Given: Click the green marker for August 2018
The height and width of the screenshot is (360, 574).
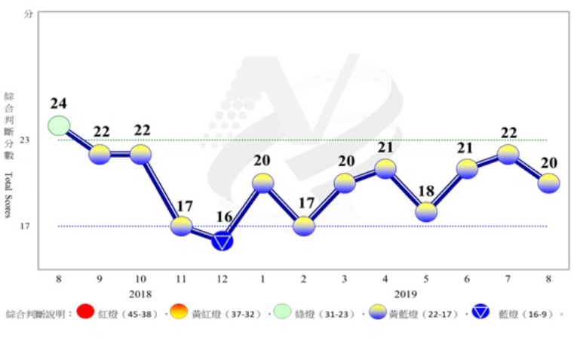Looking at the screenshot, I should click(59, 125).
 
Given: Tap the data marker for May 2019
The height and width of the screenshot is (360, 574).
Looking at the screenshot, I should click(426, 212).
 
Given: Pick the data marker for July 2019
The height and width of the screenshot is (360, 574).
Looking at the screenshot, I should click(508, 154).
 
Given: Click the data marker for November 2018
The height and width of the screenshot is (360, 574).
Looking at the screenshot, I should click(182, 226).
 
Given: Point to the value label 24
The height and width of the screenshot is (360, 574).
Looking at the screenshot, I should click(60, 103).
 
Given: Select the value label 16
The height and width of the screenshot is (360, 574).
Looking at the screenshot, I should click(223, 217).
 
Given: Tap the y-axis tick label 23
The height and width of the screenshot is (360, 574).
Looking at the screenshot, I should click(26, 140).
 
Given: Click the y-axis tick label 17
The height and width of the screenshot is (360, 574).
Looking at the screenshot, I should click(26, 226).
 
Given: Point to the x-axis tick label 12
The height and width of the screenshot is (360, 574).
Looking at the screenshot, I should click(222, 279).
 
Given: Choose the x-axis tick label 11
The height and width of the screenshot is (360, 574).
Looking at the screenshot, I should click(181, 279).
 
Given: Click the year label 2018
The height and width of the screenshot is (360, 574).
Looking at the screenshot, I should click(140, 294).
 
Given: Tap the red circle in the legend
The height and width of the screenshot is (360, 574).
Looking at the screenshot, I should click(85, 312).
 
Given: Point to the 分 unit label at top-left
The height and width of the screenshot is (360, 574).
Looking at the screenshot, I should click(28, 14).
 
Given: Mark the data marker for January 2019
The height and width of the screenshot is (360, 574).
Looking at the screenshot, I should click(262, 183).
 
